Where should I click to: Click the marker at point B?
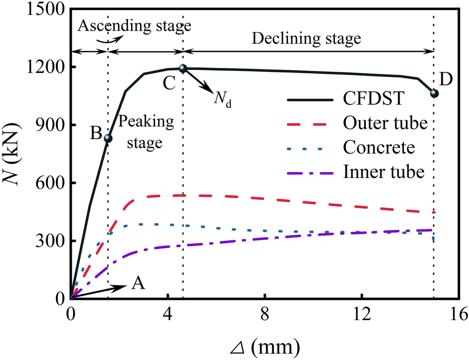click(x=108, y=138)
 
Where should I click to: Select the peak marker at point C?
click(x=183, y=68)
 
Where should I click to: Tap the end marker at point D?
click(x=434, y=93)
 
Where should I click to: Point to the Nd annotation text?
click(x=222, y=100)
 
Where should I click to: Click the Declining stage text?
click(x=308, y=38)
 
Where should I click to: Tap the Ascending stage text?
click(x=135, y=25)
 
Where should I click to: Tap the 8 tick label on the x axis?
click(x=264, y=314)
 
